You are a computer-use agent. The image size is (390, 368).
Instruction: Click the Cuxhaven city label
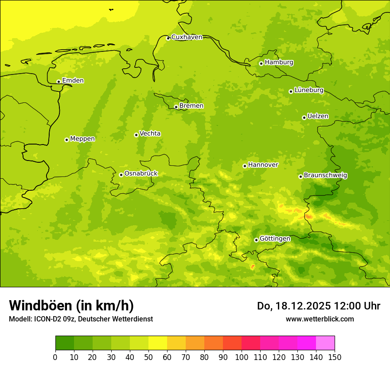[187, 37]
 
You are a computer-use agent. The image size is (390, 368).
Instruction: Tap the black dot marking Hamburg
[261, 63]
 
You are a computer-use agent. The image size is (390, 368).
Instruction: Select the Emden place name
[73, 81]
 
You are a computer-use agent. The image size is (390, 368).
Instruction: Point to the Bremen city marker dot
[176, 107]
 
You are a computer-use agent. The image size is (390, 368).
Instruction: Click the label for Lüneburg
[308, 90]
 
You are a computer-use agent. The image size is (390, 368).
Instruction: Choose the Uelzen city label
[318, 116]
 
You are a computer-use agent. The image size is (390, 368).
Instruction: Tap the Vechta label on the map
[150, 133]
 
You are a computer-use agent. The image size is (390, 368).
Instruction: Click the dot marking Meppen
[66, 140]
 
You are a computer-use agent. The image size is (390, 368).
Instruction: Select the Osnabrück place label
[141, 173]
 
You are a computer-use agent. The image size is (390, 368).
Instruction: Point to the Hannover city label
[263, 165]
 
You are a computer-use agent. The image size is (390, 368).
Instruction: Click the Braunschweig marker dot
[300, 176]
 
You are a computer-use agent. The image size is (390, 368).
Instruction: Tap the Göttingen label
[275, 239]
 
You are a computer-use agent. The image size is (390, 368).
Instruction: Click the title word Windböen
[40, 305]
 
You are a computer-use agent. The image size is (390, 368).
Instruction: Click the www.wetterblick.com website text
[320, 319]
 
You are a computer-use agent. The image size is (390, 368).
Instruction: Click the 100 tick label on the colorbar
[242, 357]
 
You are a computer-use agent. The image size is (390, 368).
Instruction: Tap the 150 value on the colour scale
[335, 357]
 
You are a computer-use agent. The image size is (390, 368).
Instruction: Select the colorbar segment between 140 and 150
[325, 343]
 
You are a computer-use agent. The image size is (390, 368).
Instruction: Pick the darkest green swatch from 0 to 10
[65, 343]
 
